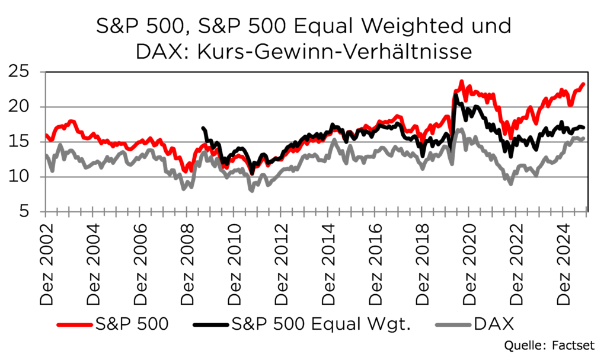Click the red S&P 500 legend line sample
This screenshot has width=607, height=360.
click(75, 324)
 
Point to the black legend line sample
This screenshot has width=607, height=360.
click(211, 324)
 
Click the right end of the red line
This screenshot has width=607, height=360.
click(584, 84)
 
